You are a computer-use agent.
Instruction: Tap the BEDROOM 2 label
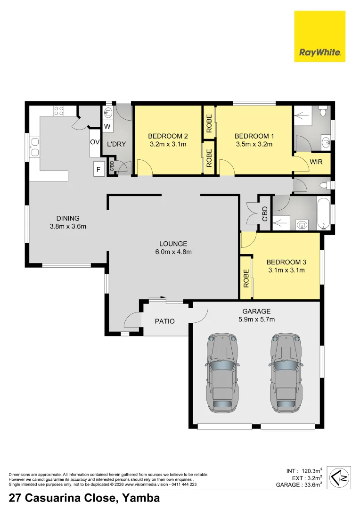(168, 136)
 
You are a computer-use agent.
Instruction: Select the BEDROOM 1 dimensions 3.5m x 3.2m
(254, 144)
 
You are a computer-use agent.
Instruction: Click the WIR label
(316, 162)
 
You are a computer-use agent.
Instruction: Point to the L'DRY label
(116, 144)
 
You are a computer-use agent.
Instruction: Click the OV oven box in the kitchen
(95, 142)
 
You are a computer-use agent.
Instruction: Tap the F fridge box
(99, 169)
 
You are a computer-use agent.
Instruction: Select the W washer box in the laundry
(107, 127)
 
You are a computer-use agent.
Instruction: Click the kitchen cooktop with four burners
(59, 111)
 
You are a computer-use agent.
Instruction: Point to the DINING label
(68, 218)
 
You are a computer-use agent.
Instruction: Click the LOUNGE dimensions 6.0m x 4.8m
(173, 252)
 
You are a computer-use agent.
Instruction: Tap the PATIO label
(165, 321)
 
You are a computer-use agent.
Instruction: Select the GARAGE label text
(256, 311)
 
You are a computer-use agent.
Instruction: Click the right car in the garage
(285, 372)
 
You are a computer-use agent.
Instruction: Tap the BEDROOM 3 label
(286, 262)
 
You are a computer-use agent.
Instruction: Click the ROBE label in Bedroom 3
(246, 279)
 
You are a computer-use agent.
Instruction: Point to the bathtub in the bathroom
(325, 214)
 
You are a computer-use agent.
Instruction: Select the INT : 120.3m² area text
(304, 470)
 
